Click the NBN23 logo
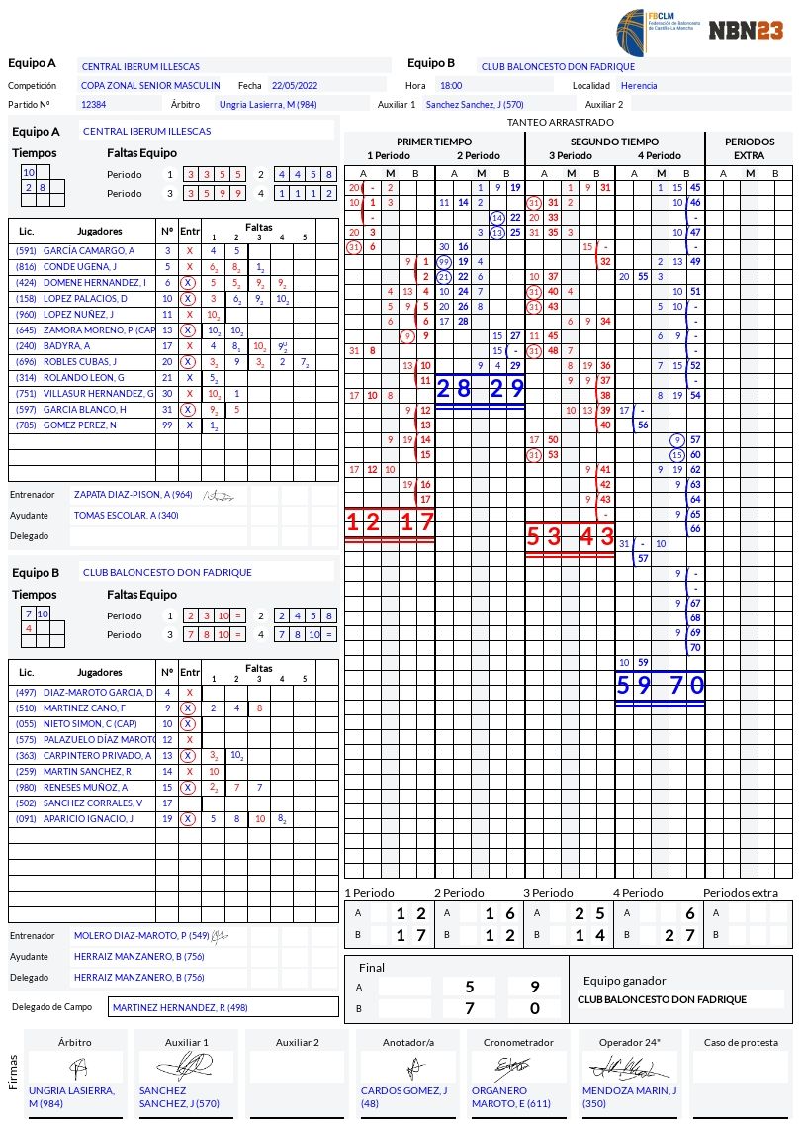click(x=746, y=31)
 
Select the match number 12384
click(x=94, y=104)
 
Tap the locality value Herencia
click(x=639, y=86)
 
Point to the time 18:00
click(x=451, y=86)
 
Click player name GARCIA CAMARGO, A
click(x=89, y=251)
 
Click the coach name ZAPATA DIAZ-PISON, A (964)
click(x=134, y=494)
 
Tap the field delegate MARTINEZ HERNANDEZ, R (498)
click(x=180, y=1008)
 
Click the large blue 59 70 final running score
click(x=660, y=685)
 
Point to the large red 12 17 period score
click(x=390, y=522)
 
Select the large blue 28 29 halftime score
click(x=480, y=389)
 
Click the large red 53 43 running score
click(x=570, y=538)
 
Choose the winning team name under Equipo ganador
click(x=662, y=999)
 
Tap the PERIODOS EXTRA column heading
click(x=749, y=148)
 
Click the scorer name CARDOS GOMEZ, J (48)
click(x=403, y=1097)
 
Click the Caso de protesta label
click(x=741, y=1042)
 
